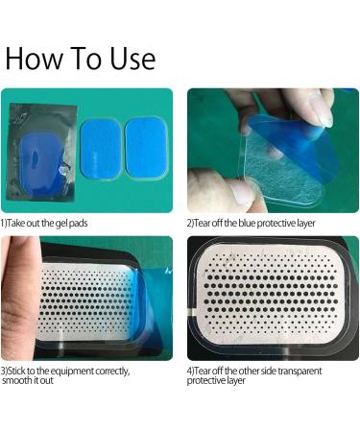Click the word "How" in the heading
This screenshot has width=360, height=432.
click(35, 58)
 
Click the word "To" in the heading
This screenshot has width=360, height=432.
click(86, 58)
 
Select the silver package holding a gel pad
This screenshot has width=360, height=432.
click(41, 152)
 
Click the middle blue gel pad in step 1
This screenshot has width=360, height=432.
click(101, 150)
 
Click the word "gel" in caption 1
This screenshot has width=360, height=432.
click(60, 223)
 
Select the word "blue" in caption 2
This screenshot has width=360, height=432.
click(247, 223)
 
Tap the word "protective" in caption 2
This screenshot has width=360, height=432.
click(276, 224)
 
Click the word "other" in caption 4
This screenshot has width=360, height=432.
click(249, 372)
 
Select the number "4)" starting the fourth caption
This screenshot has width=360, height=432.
click(190, 372)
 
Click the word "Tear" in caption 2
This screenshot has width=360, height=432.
click(202, 223)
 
